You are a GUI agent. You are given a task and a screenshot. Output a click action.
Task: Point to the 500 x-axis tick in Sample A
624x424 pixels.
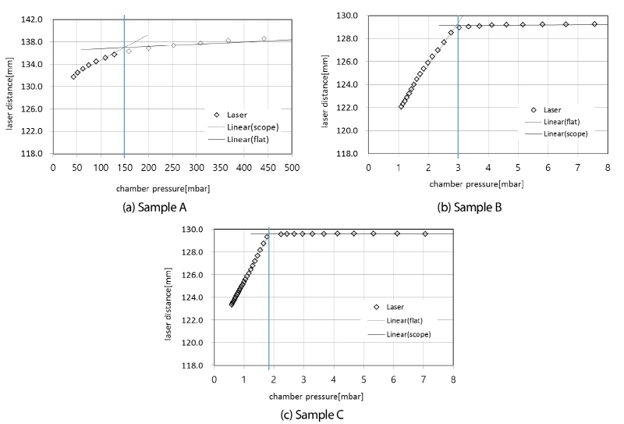[292, 166]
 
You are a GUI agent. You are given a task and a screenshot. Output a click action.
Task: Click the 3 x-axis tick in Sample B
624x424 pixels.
[458, 166]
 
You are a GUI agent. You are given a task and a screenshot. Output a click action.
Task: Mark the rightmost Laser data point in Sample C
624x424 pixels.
[425, 233]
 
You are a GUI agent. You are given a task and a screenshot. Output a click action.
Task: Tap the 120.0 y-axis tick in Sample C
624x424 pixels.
[197, 343]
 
